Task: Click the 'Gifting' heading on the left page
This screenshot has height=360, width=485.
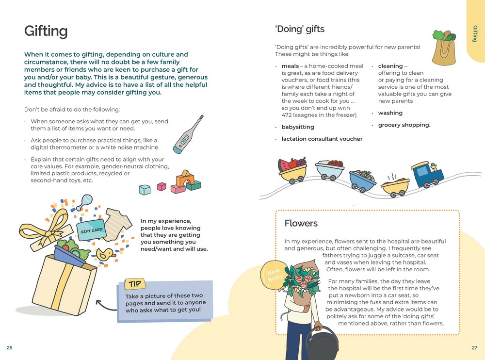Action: coord(46,32)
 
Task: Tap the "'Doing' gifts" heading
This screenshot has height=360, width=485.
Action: coord(299,29)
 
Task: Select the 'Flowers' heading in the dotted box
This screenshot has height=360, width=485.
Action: coord(301,223)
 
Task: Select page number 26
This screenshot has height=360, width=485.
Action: coord(10,348)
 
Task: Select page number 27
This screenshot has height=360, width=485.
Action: coord(474,348)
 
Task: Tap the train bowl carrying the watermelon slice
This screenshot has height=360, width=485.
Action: coord(293,170)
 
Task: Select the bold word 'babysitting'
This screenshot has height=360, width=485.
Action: coord(298,127)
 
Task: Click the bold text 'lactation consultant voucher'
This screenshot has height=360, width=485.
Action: coord(322,139)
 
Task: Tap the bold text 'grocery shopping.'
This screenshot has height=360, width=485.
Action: coord(404,125)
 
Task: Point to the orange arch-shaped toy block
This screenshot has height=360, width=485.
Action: coord(185,179)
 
